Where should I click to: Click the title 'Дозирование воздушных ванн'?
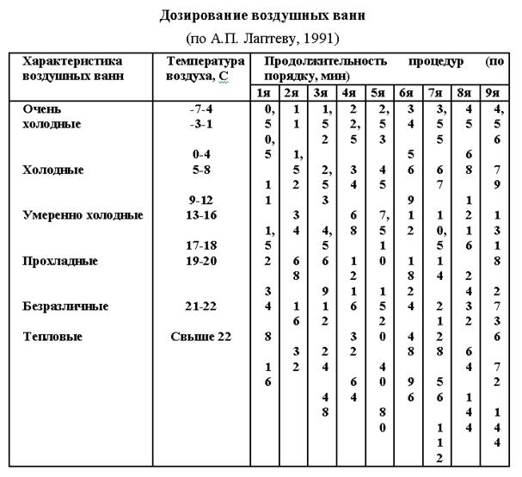[261, 15]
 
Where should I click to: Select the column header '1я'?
[265, 92]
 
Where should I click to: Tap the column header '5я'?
[378, 92]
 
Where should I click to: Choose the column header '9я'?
[492, 92]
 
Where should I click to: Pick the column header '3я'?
[321, 92]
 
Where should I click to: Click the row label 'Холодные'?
[53, 170]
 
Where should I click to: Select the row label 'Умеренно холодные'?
[83, 214]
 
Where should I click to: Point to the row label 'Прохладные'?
[60, 260]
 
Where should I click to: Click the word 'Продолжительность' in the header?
[316, 62]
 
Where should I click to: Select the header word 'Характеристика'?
[72, 62]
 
